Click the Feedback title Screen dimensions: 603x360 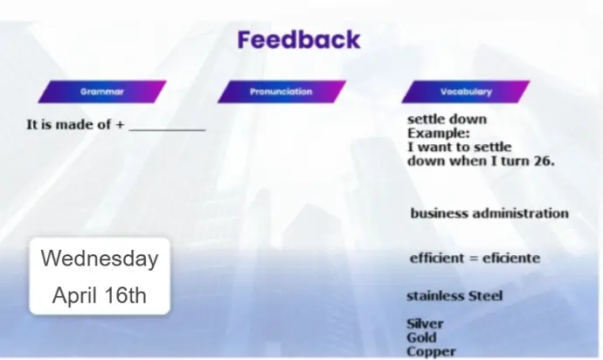[x=299, y=39]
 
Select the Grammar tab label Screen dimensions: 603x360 [x=102, y=92]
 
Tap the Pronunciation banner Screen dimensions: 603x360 [x=281, y=92]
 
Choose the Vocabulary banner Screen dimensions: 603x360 [x=466, y=92]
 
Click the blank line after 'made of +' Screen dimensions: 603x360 [x=167, y=131]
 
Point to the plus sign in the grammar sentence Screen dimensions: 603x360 [x=120, y=125]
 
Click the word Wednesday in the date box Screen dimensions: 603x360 [x=100, y=258]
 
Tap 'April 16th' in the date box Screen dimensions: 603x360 [x=100, y=295]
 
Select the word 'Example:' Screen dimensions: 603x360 [x=439, y=134]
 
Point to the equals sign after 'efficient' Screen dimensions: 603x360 [x=473, y=259]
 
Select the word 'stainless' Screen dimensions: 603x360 [x=436, y=295]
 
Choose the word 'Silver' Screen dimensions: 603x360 [x=425, y=323]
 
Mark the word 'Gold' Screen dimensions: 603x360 [x=421, y=337]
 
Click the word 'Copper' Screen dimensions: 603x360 [x=431, y=351]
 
